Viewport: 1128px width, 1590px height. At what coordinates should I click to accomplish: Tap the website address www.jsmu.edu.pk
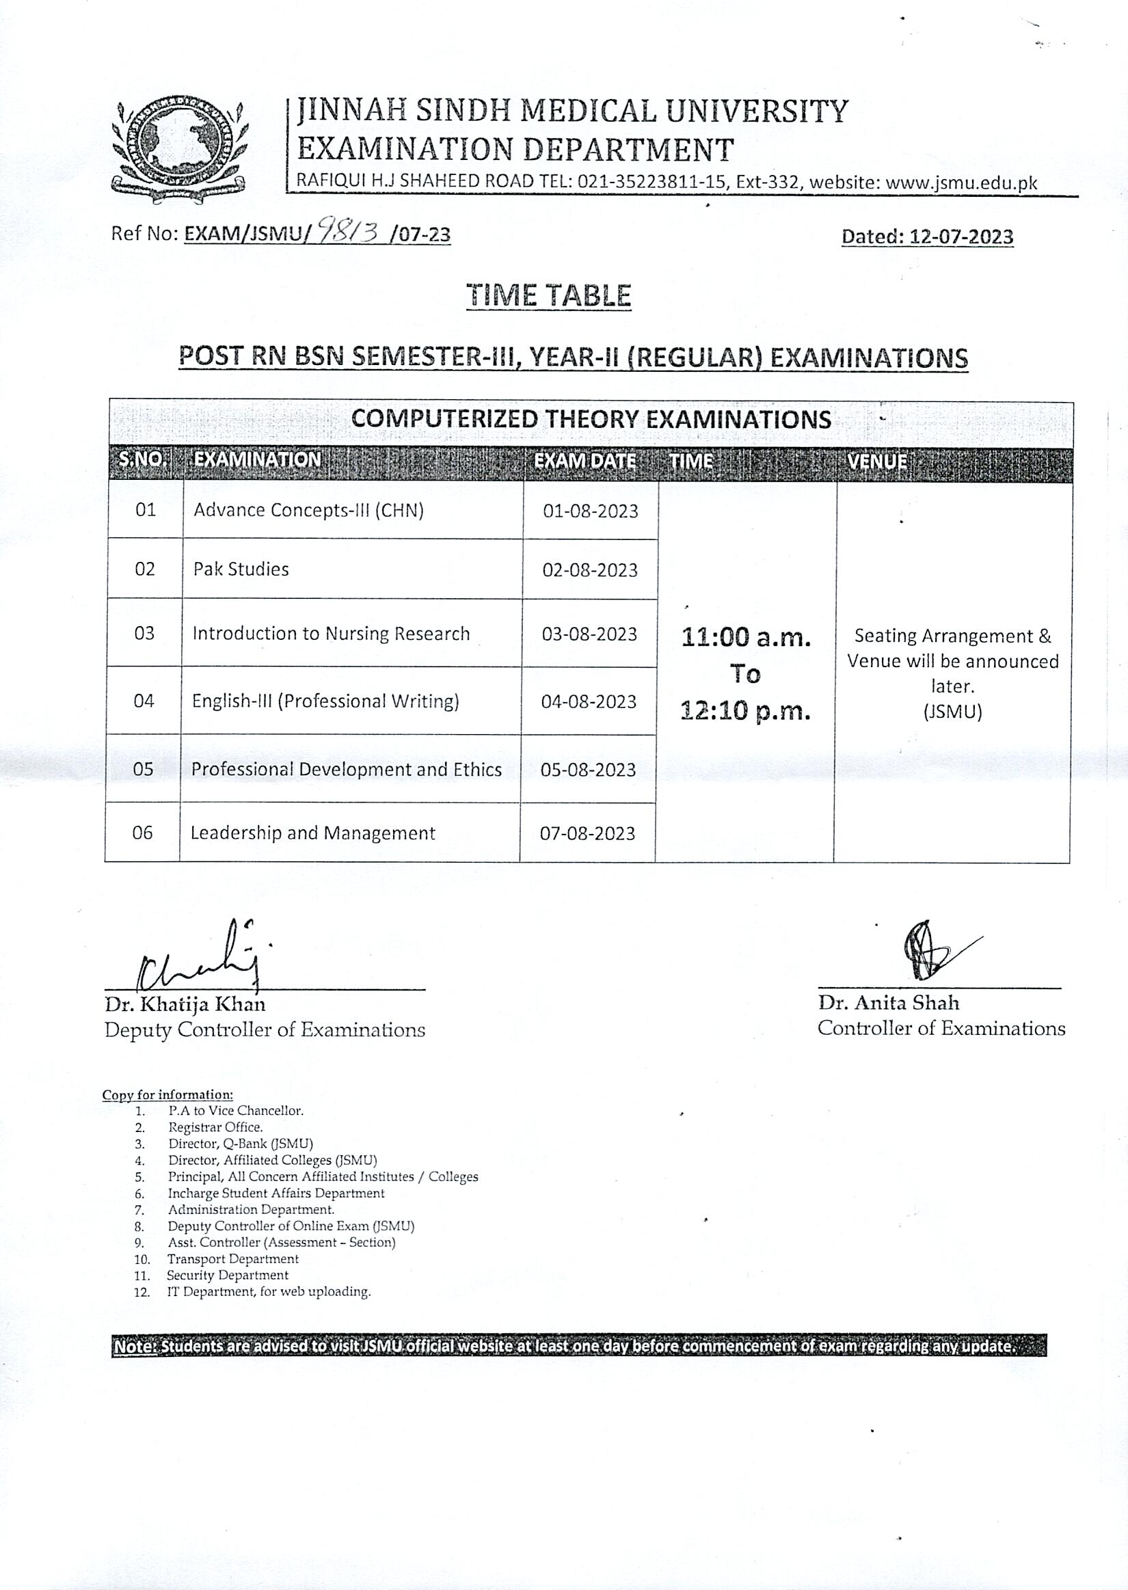click(961, 183)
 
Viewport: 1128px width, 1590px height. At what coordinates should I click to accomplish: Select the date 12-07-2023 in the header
click(961, 237)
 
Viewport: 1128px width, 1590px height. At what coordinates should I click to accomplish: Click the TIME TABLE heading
click(548, 295)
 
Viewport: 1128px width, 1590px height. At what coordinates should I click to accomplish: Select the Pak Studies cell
click(241, 569)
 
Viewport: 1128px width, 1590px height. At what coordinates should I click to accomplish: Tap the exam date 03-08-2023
click(589, 634)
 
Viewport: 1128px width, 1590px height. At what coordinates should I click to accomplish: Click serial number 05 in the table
click(143, 769)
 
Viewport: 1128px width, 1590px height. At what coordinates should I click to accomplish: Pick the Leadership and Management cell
click(312, 833)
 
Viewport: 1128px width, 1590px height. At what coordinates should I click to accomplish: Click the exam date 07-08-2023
click(587, 834)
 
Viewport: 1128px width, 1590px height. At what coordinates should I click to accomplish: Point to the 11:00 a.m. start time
click(745, 636)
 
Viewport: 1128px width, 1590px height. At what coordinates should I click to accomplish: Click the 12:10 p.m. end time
click(745, 712)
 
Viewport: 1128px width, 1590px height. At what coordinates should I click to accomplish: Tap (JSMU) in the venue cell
click(952, 712)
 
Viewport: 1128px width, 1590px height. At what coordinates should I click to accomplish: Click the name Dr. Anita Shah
click(887, 1003)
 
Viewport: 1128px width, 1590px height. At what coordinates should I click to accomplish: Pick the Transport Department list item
click(232, 1259)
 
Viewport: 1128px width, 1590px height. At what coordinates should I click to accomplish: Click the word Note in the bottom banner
click(135, 1346)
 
